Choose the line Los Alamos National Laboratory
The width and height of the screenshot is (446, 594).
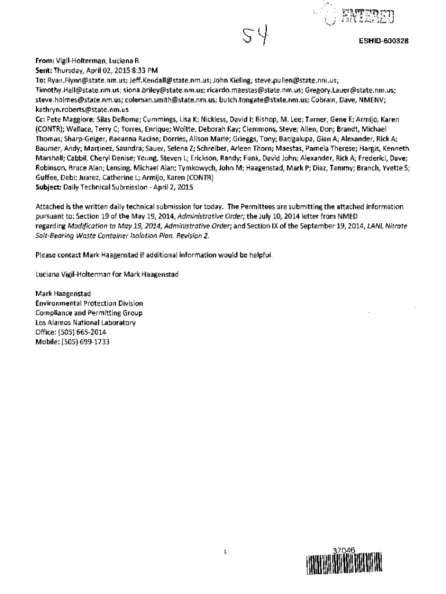86,323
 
